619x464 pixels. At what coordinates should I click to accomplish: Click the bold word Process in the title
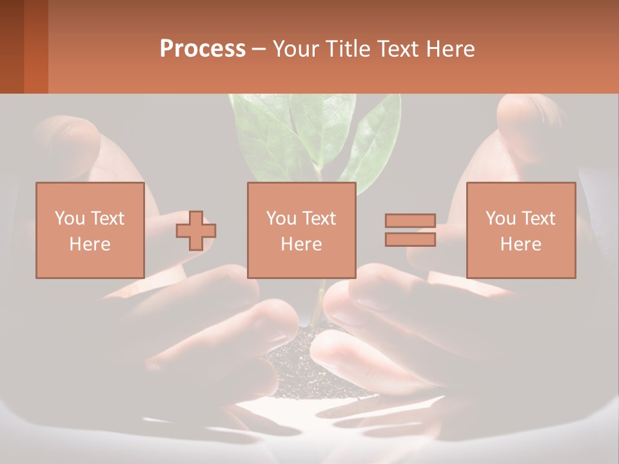(x=202, y=49)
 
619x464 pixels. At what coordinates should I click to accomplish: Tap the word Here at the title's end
(x=452, y=49)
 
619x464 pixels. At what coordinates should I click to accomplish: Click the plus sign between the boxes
(x=196, y=231)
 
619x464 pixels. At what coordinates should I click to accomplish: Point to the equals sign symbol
(x=410, y=230)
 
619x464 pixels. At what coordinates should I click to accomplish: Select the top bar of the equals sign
(x=410, y=220)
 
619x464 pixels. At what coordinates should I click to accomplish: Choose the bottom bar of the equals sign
(x=410, y=240)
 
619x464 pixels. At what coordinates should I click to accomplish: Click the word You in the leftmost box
(x=70, y=218)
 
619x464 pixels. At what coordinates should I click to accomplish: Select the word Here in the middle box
(x=301, y=244)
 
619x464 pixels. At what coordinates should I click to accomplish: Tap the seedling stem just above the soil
(x=316, y=309)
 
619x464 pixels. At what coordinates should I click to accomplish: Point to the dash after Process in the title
(x=259, y=49)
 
